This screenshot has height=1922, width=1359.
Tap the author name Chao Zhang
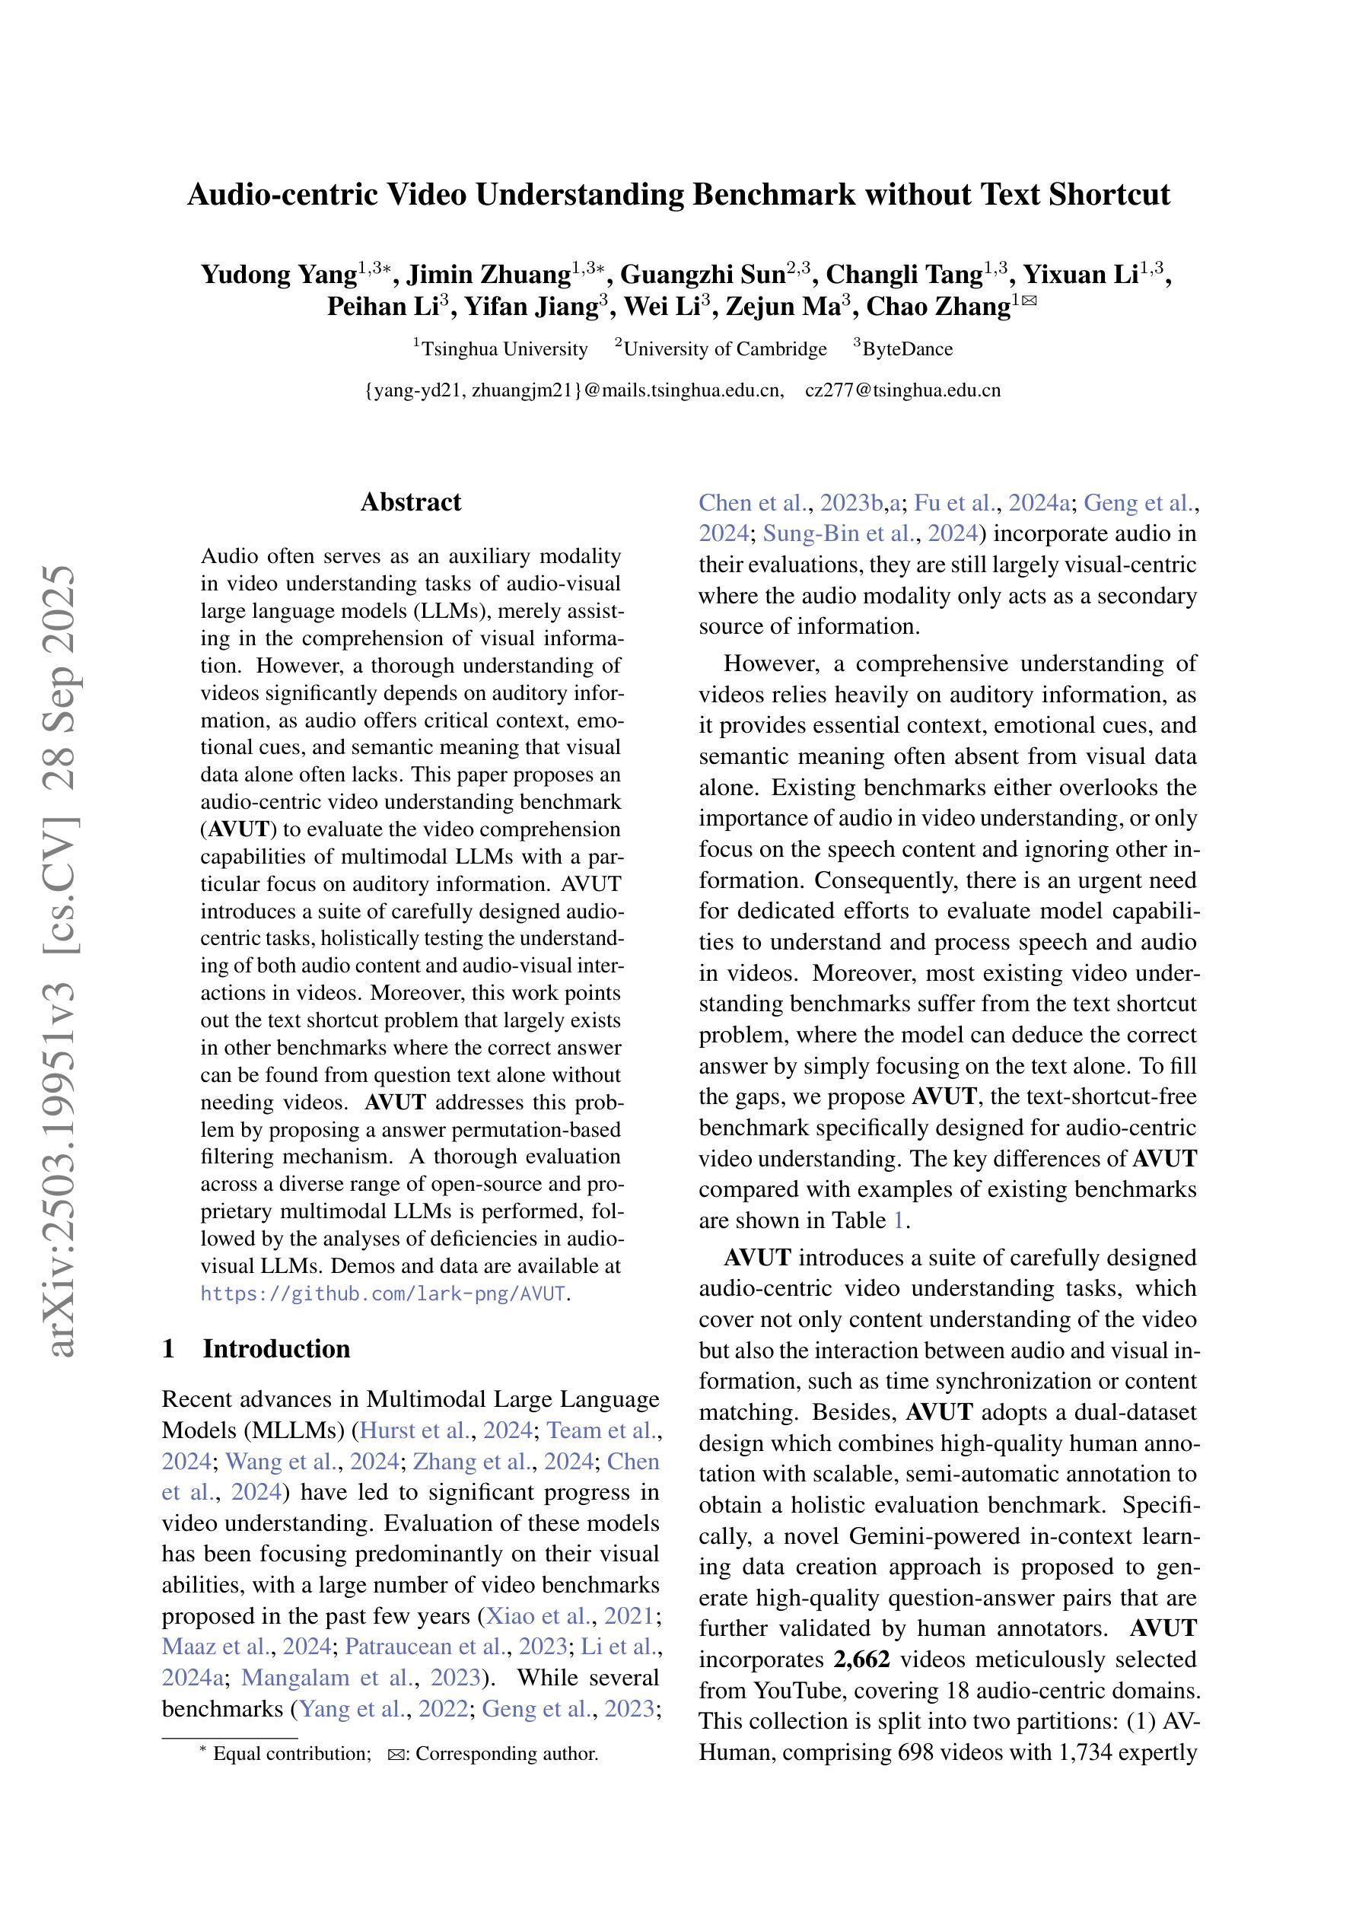[x=937, y=307]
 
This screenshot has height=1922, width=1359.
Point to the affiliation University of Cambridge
[x=724, y=349]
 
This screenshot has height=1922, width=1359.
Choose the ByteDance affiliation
[x=908, y=349]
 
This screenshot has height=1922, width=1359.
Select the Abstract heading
[x=410, y=502]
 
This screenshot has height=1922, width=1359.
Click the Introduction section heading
[x=276, y=1348]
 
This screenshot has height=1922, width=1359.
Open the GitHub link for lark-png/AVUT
[x=383, y=1294]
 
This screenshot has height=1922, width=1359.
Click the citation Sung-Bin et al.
[x=839, y=533]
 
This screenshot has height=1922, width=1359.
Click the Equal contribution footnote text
[x=291, y=1754]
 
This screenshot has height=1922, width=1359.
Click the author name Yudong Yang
[x=278, y=275]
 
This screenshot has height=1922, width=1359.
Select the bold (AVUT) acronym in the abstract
[x=236, y=829]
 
